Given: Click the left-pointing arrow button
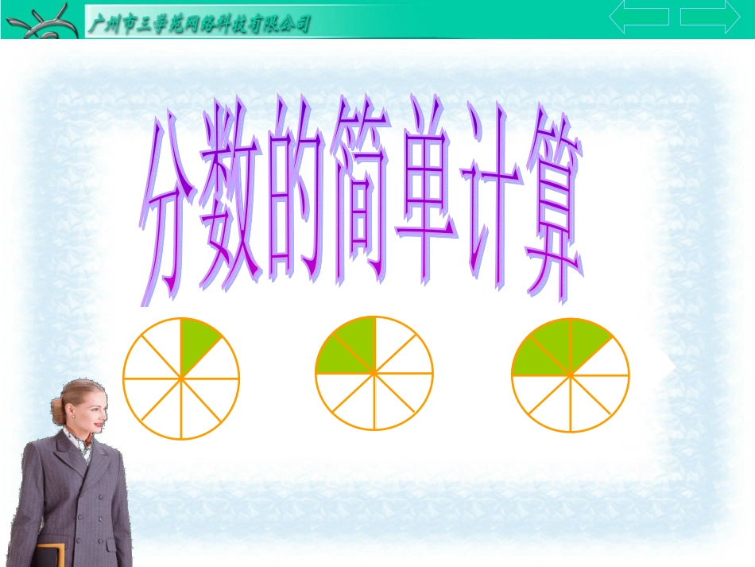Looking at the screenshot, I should tap(638, 17).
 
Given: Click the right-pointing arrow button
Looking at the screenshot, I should tap(710, 17).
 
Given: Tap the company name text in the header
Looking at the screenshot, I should tap(198, 25).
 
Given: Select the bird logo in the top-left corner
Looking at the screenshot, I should tap(40, 21).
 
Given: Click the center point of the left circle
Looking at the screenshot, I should tap(181, 379).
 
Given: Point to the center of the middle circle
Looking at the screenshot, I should tap(374, 373).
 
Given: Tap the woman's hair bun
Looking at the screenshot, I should tap(57, 410).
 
